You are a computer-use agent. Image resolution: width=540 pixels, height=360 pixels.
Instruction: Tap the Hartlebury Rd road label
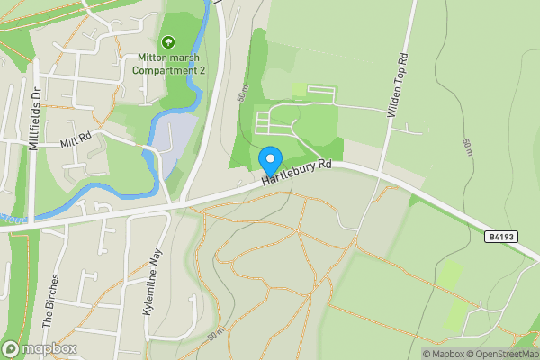pos(298,174)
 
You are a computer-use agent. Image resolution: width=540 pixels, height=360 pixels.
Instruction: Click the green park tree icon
pos(166,41)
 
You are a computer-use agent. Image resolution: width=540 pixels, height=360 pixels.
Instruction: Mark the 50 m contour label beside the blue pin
pos(242,94)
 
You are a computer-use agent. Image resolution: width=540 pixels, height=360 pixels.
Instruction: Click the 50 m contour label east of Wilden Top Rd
pos(467,148)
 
